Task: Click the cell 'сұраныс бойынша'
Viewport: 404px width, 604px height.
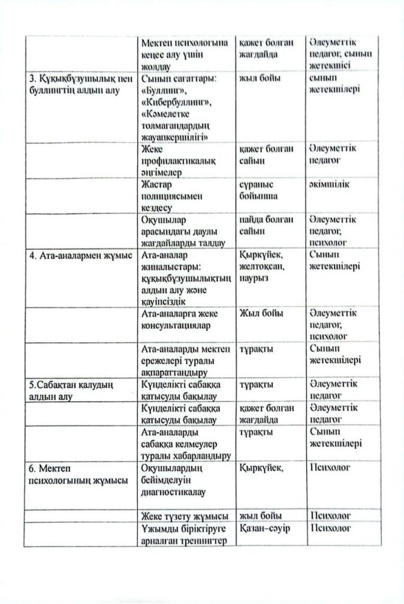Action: (260, 191)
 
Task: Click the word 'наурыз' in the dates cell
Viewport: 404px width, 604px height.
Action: (255, 279)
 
